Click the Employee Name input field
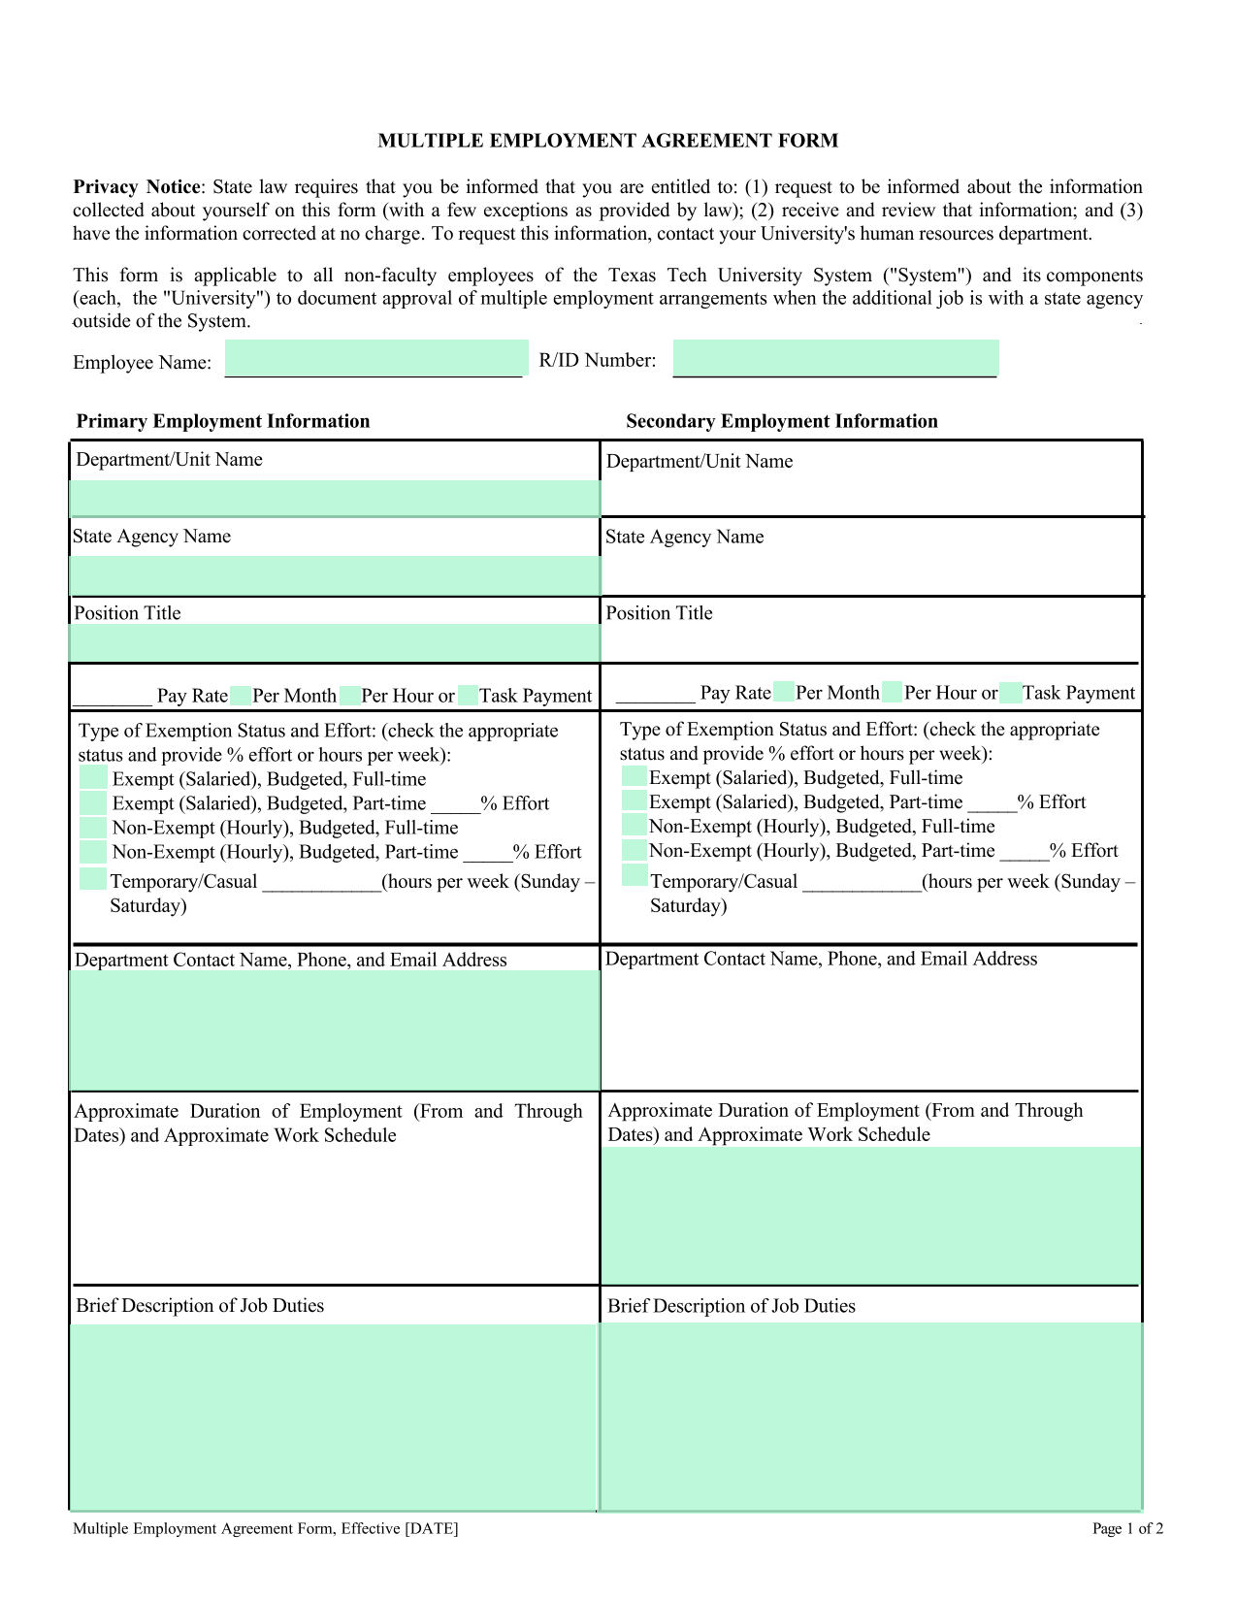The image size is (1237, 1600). click(376, 358)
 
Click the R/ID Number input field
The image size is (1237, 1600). click(835, 358)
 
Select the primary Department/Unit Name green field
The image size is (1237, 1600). click(335, 499)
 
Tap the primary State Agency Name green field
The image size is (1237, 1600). click(335, 575)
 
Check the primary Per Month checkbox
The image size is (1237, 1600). click(240, 696)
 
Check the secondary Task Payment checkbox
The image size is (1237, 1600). click(1010, 693)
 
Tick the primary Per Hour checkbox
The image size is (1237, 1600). click(349, 696)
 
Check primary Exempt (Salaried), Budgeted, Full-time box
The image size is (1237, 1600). click(93, 778)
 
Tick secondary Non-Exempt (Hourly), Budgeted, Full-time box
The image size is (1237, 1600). click(634, 826)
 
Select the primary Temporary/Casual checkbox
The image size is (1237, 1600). click(93, 879)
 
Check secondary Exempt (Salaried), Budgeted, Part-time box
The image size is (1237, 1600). click(634, 801)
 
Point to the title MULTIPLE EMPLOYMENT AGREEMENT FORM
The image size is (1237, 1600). click(608, 141)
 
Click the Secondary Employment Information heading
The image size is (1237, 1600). click(782, 421)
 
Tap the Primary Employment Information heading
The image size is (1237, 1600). click(223, 421)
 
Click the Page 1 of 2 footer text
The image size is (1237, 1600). click(1127, 1529)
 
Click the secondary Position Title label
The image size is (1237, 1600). click(659, 613)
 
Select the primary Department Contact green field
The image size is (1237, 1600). click(335, 1030)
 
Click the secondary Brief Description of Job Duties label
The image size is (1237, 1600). click(732, 1306)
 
